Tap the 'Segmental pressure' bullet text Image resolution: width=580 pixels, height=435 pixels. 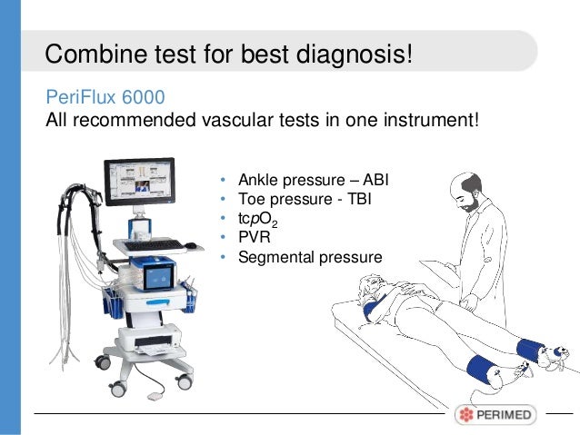[x=309, y=257]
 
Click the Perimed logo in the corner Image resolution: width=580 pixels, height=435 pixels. [x=496, y=415]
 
